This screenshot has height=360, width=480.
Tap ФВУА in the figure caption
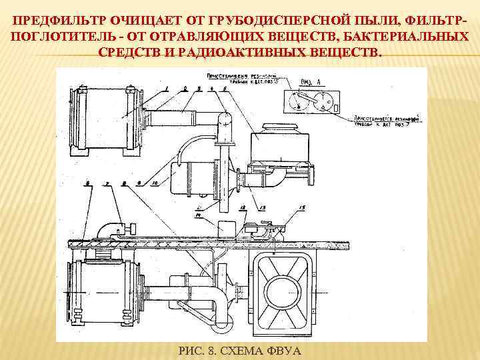coord(285,351)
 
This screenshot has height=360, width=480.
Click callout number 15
coord(301,209)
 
